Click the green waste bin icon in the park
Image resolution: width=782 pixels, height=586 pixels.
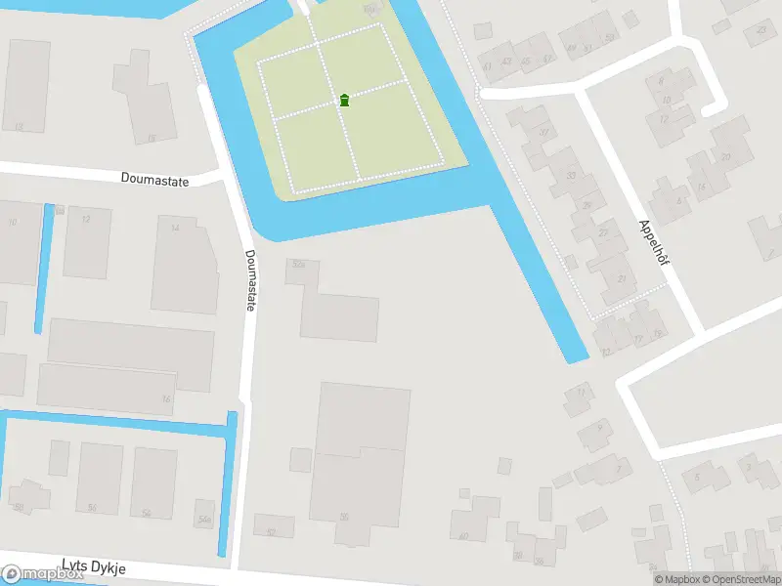pyautogui.click(x=344, y=100)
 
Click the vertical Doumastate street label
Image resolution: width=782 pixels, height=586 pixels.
pyautogui.click(x=251, y=280)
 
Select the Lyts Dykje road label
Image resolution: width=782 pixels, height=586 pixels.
pyautogui.click(x=94, y=565)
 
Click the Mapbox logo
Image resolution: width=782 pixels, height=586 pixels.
pyautogui.click(x=41, y=575)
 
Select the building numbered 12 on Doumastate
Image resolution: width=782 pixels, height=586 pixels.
pyautogui.click(x=86, y=240)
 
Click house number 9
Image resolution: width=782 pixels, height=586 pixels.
pyautogui.click(x=595, y=431)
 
